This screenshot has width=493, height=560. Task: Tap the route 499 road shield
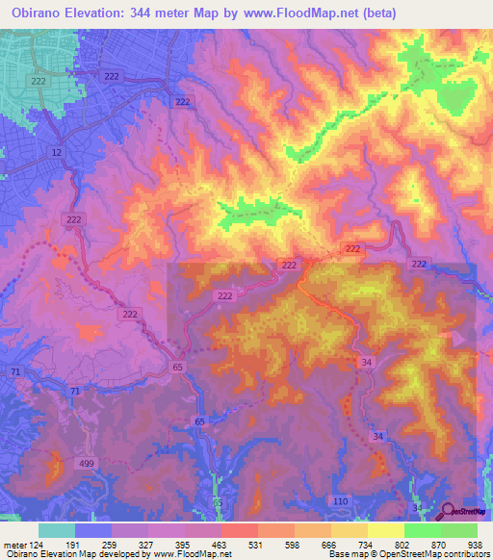87,465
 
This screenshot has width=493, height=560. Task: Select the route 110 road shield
339,501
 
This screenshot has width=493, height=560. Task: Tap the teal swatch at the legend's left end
56,530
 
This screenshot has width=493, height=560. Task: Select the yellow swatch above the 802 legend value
385,530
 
